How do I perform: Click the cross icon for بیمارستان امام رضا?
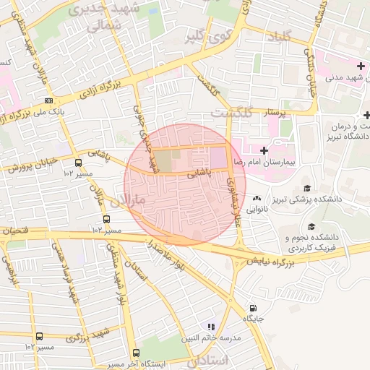[264, 150]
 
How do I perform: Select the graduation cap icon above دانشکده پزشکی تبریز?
[307, 186]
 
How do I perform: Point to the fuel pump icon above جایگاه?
[252, 306]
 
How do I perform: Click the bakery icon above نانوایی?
[257, 198]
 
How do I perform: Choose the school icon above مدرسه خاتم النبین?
[212, 327]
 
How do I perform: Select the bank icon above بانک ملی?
[48, 100]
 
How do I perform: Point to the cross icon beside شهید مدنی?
[360, 66]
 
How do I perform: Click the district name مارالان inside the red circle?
[130, 198]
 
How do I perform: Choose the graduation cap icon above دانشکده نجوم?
[312, 226]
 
